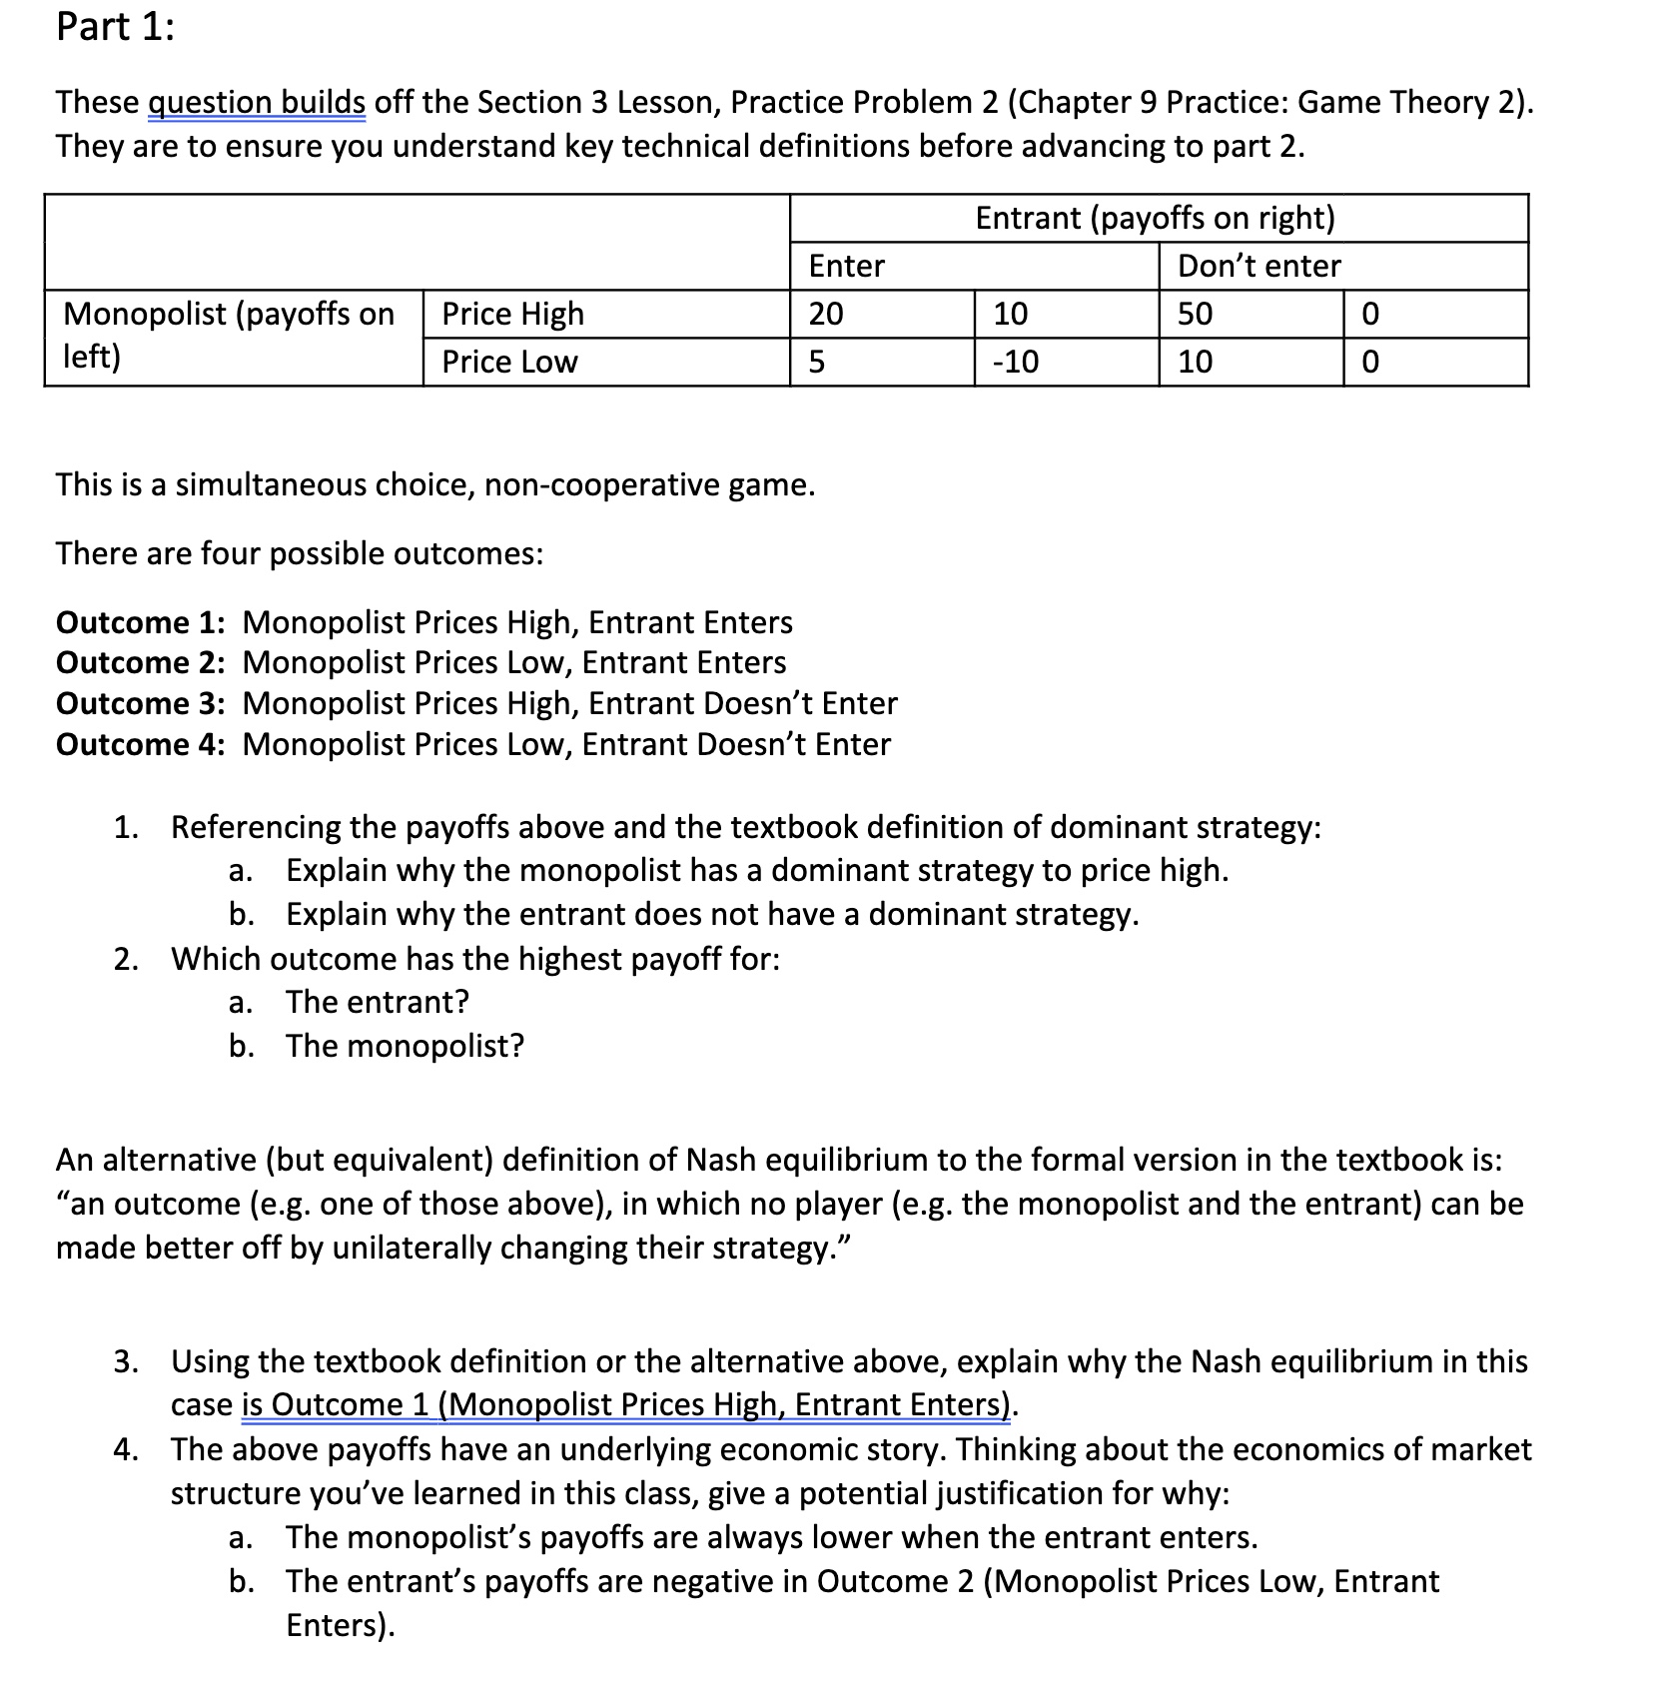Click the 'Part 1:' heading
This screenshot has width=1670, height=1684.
pos(115,27)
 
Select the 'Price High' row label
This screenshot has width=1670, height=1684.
pos(512,314)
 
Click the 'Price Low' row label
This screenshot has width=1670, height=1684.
pos(509,362)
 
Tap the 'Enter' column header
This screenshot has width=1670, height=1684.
pos(846,266)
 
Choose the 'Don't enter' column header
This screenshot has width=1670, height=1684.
pos(1258,266)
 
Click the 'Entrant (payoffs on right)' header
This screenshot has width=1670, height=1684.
pos(1155,218)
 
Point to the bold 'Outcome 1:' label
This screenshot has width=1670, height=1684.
pos(140,622)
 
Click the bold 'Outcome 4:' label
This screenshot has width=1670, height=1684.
pos(140,744)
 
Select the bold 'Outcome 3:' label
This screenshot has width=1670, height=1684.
pos(140,703)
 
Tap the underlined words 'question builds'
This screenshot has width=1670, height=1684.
pos(257,102)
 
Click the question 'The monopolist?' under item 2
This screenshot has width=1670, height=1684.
pos(405,1046)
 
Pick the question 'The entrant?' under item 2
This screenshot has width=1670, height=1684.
pos(377,1002)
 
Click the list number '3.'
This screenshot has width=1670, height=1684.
pos(126,1361)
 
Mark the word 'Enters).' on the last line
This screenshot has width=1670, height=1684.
pos(340,1625)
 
